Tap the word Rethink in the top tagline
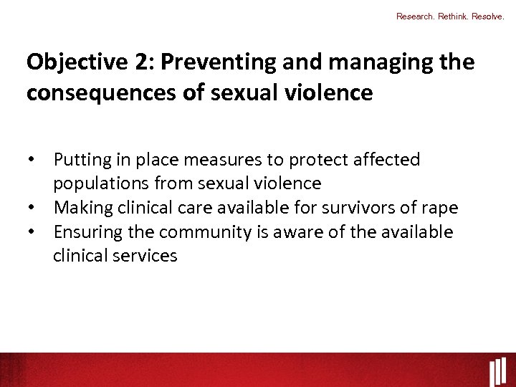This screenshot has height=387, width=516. [x=454, y=16]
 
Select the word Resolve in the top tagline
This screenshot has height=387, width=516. [x=489, y=16]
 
